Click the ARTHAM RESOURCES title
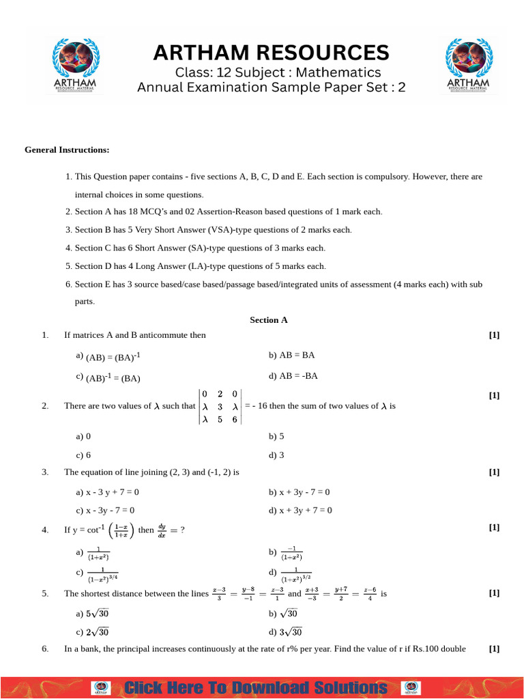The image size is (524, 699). (x=271, y=53)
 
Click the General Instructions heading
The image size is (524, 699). (x=67, y=149)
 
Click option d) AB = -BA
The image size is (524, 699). (x=293, y=375)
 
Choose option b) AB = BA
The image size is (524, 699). (x=291, y=356)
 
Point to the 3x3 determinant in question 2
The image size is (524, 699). (x=219, y=406)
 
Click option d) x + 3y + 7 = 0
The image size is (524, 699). (x=300, y=510)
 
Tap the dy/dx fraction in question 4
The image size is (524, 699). (x=162, y=530)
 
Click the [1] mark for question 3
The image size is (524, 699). (x=495, y=472)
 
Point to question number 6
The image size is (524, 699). (x=44, y=648)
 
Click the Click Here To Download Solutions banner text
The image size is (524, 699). (x=256, y=687)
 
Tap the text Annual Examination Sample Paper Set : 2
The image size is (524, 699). (x=271, y=87)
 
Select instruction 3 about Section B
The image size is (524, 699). (x=209, y=229)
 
